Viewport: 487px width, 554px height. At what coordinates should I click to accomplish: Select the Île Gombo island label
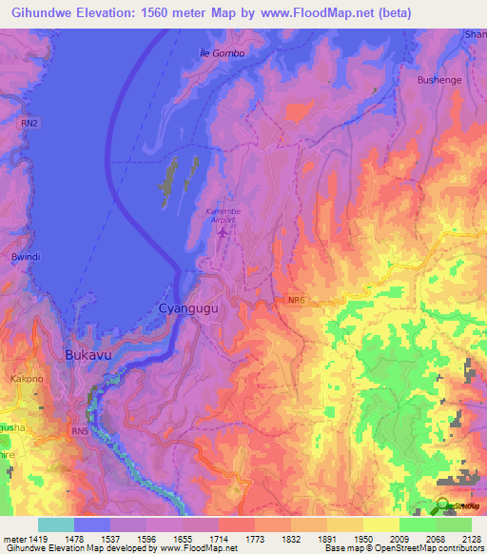[223, 53]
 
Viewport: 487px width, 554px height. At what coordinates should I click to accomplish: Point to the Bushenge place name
[439, 80]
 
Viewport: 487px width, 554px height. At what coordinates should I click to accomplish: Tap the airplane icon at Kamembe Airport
[223, 230]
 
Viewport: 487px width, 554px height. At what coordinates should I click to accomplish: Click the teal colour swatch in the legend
[56, 524]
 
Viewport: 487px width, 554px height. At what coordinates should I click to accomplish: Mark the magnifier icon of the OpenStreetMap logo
[443, 505]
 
